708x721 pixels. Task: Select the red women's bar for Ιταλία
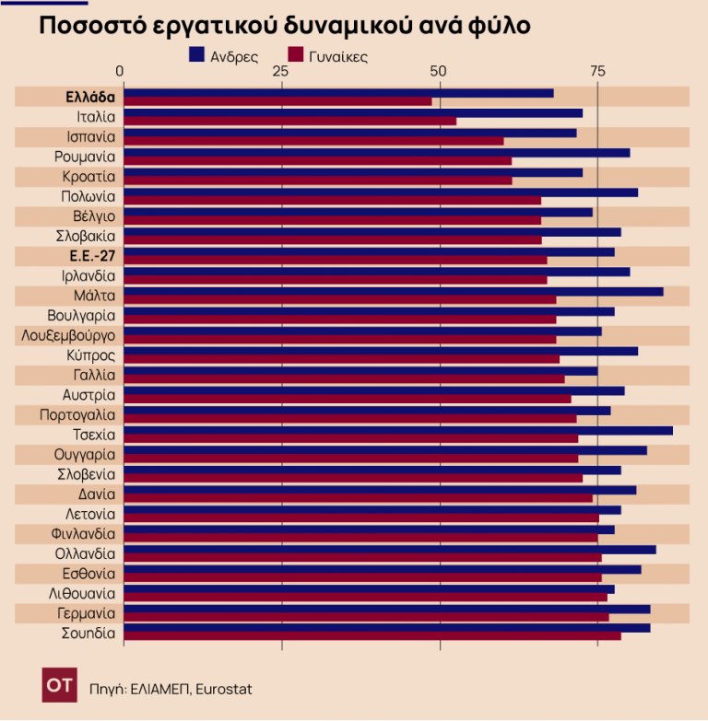(x=289, y=122)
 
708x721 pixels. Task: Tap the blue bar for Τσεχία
(x=397, y=430)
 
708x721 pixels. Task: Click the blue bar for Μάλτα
(x=393, y=292)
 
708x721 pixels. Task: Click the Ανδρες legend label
(x=234, y=56)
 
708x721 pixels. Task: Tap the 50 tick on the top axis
(x=439, y=72)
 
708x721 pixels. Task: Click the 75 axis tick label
(x=597, y=72)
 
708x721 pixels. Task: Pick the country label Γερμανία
(x=86, y=613)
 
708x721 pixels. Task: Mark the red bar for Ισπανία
(x=313, y=141)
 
